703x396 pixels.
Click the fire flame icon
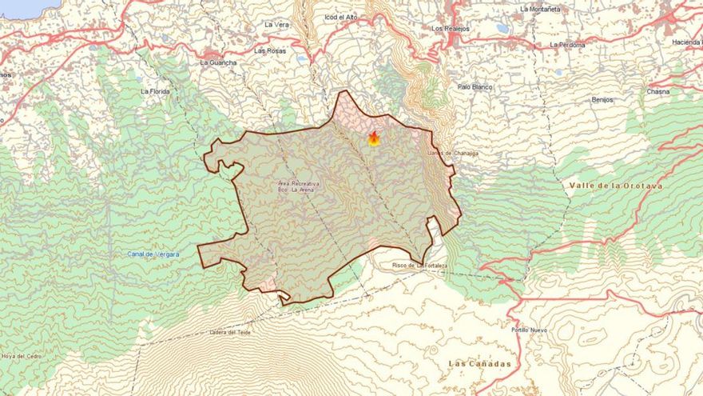click(x=374, y=138)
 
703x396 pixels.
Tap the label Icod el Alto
click(x=340, y=17)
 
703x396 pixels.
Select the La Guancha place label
click(x=218, y=62)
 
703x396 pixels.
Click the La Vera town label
click(x=276, y=25)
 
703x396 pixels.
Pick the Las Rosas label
click(x=270, y=50)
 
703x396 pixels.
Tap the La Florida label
click(x=155, y=91)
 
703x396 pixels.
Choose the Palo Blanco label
click(x=475, y=86)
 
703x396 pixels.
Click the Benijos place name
click(x=602, y=100)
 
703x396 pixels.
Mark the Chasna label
click(x=657, y=92)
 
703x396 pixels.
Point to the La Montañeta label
click(x=540, y=9)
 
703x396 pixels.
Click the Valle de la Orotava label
click(x=615, y=186)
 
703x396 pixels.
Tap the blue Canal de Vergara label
click(x=153, y=254)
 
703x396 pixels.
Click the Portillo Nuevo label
click(x=529, y=330)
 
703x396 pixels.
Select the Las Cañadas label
click(x=479, y=364)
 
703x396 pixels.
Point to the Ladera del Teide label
click(x=229, y=332)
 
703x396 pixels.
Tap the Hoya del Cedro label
click(x=21, y=356)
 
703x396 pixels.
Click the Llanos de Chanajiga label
click(x=452, y=153)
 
